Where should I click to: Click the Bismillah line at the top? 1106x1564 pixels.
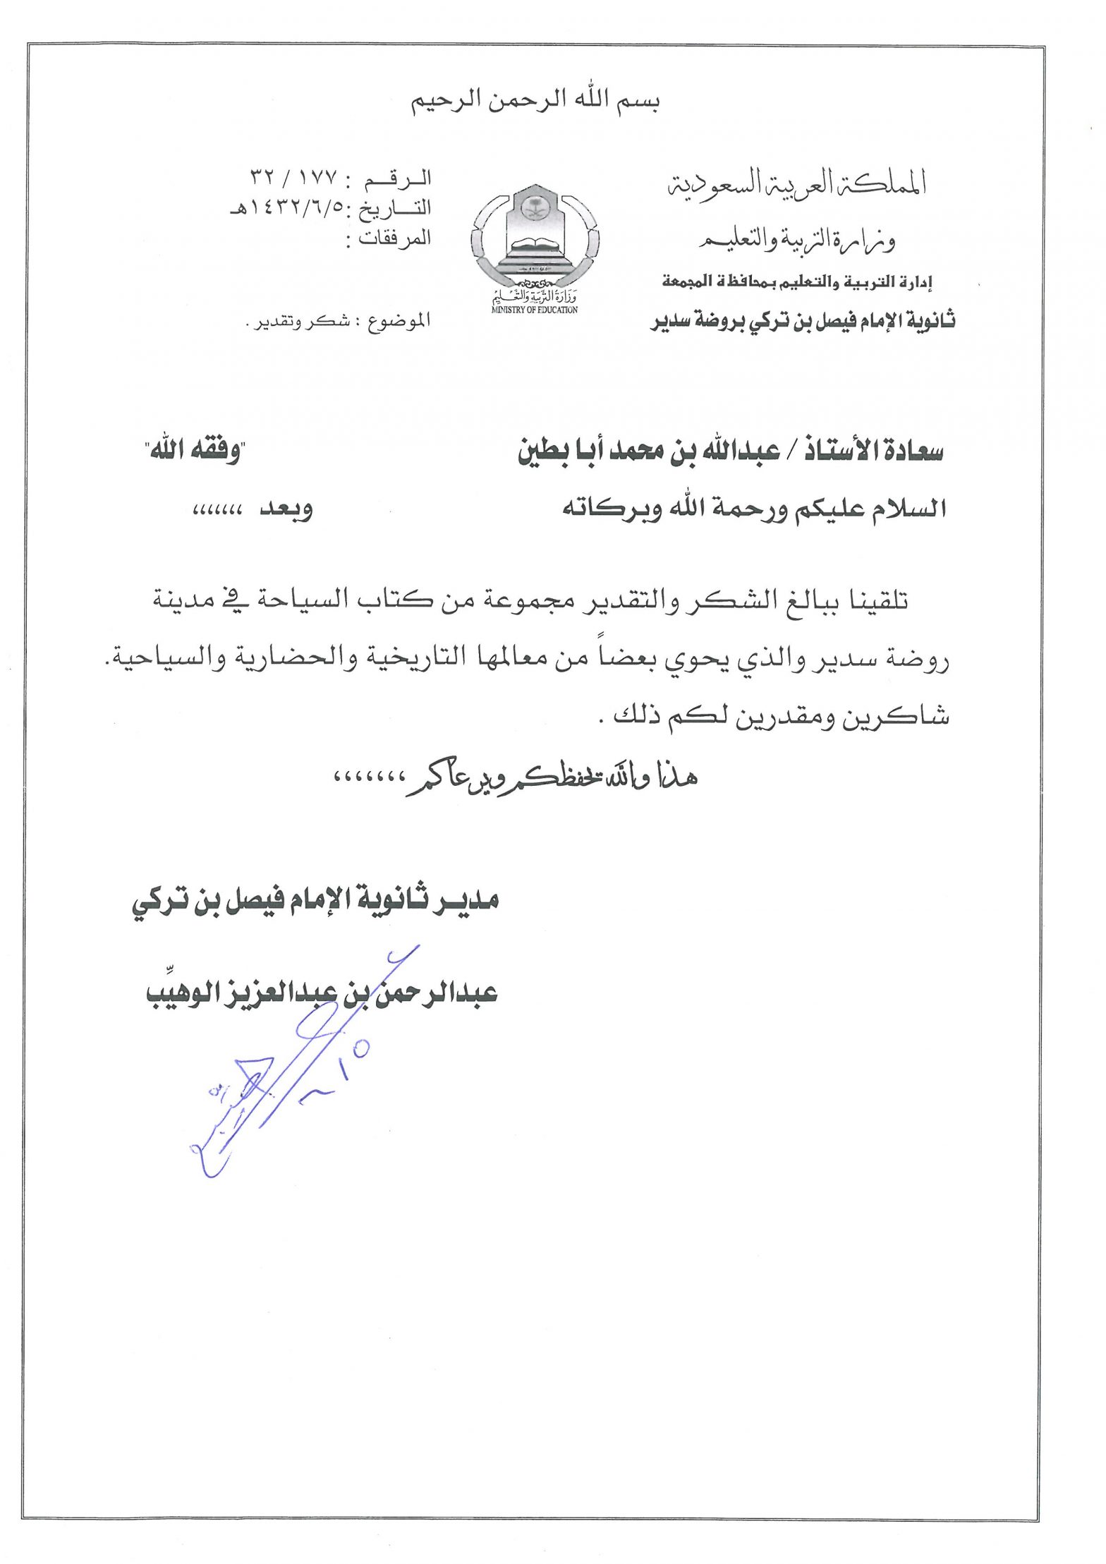[535, 101]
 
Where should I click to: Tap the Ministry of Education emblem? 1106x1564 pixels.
[535, 240]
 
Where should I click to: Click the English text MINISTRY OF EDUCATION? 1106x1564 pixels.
[535, 310]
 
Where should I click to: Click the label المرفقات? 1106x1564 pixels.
[395, 238]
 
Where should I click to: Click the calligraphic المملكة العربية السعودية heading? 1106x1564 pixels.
[796, 183]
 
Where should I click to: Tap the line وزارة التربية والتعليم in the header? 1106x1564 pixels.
[798, 242]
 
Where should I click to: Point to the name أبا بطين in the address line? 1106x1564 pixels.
[558, 451]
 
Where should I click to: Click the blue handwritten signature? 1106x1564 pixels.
[282, 1072]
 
